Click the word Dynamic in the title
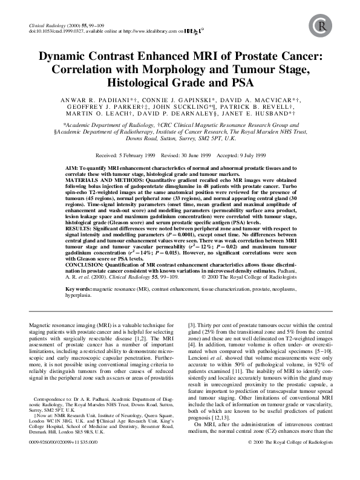coord(64,57)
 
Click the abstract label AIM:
coord(72,166)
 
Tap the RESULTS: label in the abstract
coord(78,224)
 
